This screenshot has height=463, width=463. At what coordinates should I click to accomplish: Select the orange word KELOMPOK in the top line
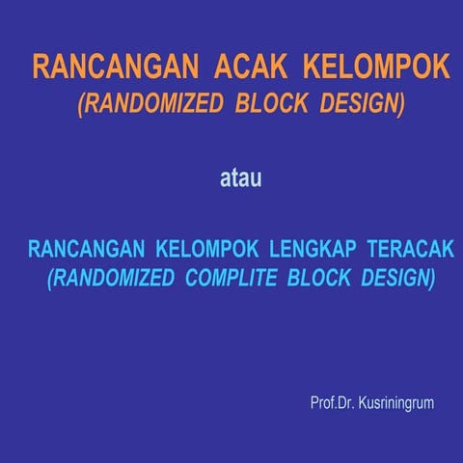click(376, 68)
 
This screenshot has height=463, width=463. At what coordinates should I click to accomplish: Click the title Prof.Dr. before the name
click(332, 401)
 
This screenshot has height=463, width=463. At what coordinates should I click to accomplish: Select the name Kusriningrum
click(396, 401)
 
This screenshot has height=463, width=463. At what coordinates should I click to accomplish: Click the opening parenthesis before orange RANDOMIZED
click(81, 104)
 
